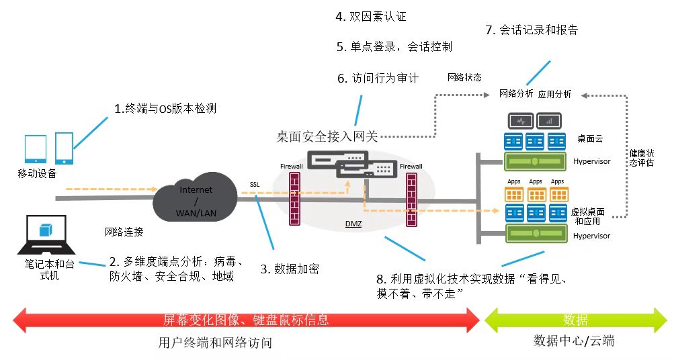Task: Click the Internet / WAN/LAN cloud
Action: (196, 199)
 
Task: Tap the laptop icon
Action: (45, 234)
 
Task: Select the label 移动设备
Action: (38, 174)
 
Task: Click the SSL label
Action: (255, 184)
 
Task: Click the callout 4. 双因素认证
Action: (371, 16)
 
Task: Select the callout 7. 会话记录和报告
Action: (531, 30)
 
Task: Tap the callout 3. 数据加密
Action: (290, 269)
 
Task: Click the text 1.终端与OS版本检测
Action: (165, 108)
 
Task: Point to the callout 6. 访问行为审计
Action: (378, 78)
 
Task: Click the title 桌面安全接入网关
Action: (327, 137)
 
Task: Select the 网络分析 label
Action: (516, 94)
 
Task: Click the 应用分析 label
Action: (555, 94)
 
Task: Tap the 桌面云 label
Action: (590, 139)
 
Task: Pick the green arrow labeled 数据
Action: (576, 320)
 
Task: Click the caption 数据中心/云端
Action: (574, 341)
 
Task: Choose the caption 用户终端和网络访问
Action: (215, 343)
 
